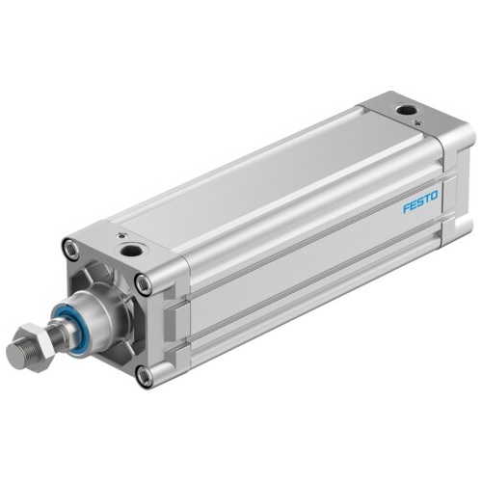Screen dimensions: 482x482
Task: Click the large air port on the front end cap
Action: coord(129,252)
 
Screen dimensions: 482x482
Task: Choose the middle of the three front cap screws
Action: coord(144,283)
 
